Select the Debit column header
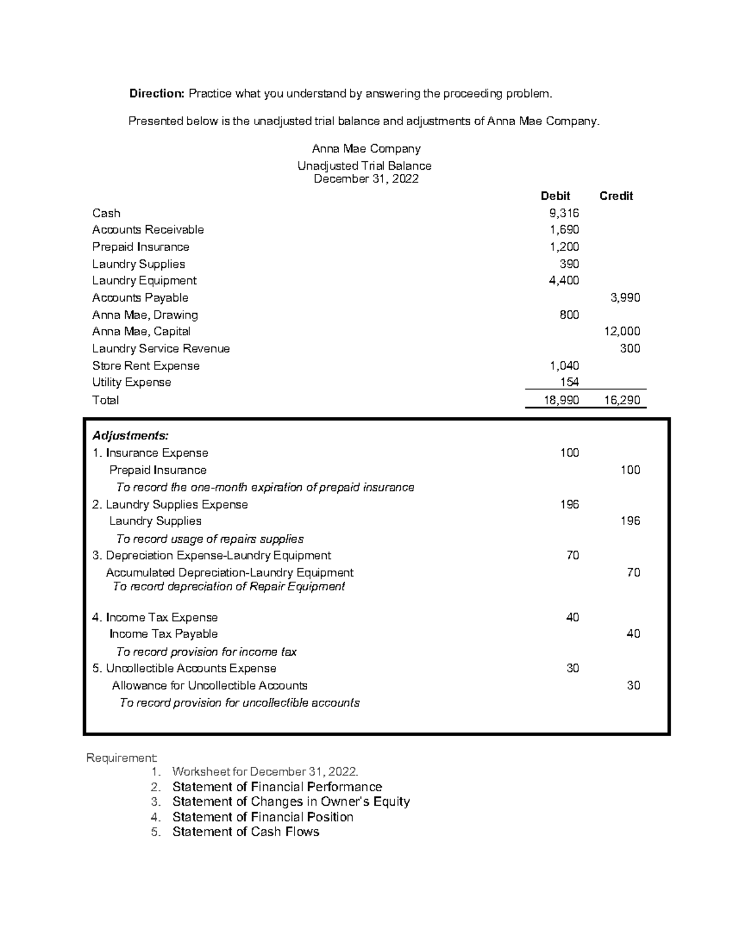click(x=555, y=196)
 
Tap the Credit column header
click(x=616, y=196)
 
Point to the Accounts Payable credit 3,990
click(x=625, y=298)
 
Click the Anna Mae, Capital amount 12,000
click(x=622, y=331)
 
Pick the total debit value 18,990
click(x=561, y=400)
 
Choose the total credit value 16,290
click(x=622, y=400)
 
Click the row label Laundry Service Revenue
click(x=161, y=349)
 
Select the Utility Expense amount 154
click(x=569, y=382)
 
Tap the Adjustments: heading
click(x=130, y=436)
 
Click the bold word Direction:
click(x=156, y=93)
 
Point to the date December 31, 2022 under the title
click(x=366, y=179)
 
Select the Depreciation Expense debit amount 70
click(x=572, y=555)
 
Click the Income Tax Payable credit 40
click(x=633, y=634)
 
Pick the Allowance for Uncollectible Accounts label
click(x=210, y=686)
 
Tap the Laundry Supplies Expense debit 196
click(x=569, y=504)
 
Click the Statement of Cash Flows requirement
click(x=246, y=831)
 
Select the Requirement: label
click(x=122, y=758)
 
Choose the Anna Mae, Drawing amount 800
click(x=569, y=315)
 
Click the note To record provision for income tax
click(x=206, y=652)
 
